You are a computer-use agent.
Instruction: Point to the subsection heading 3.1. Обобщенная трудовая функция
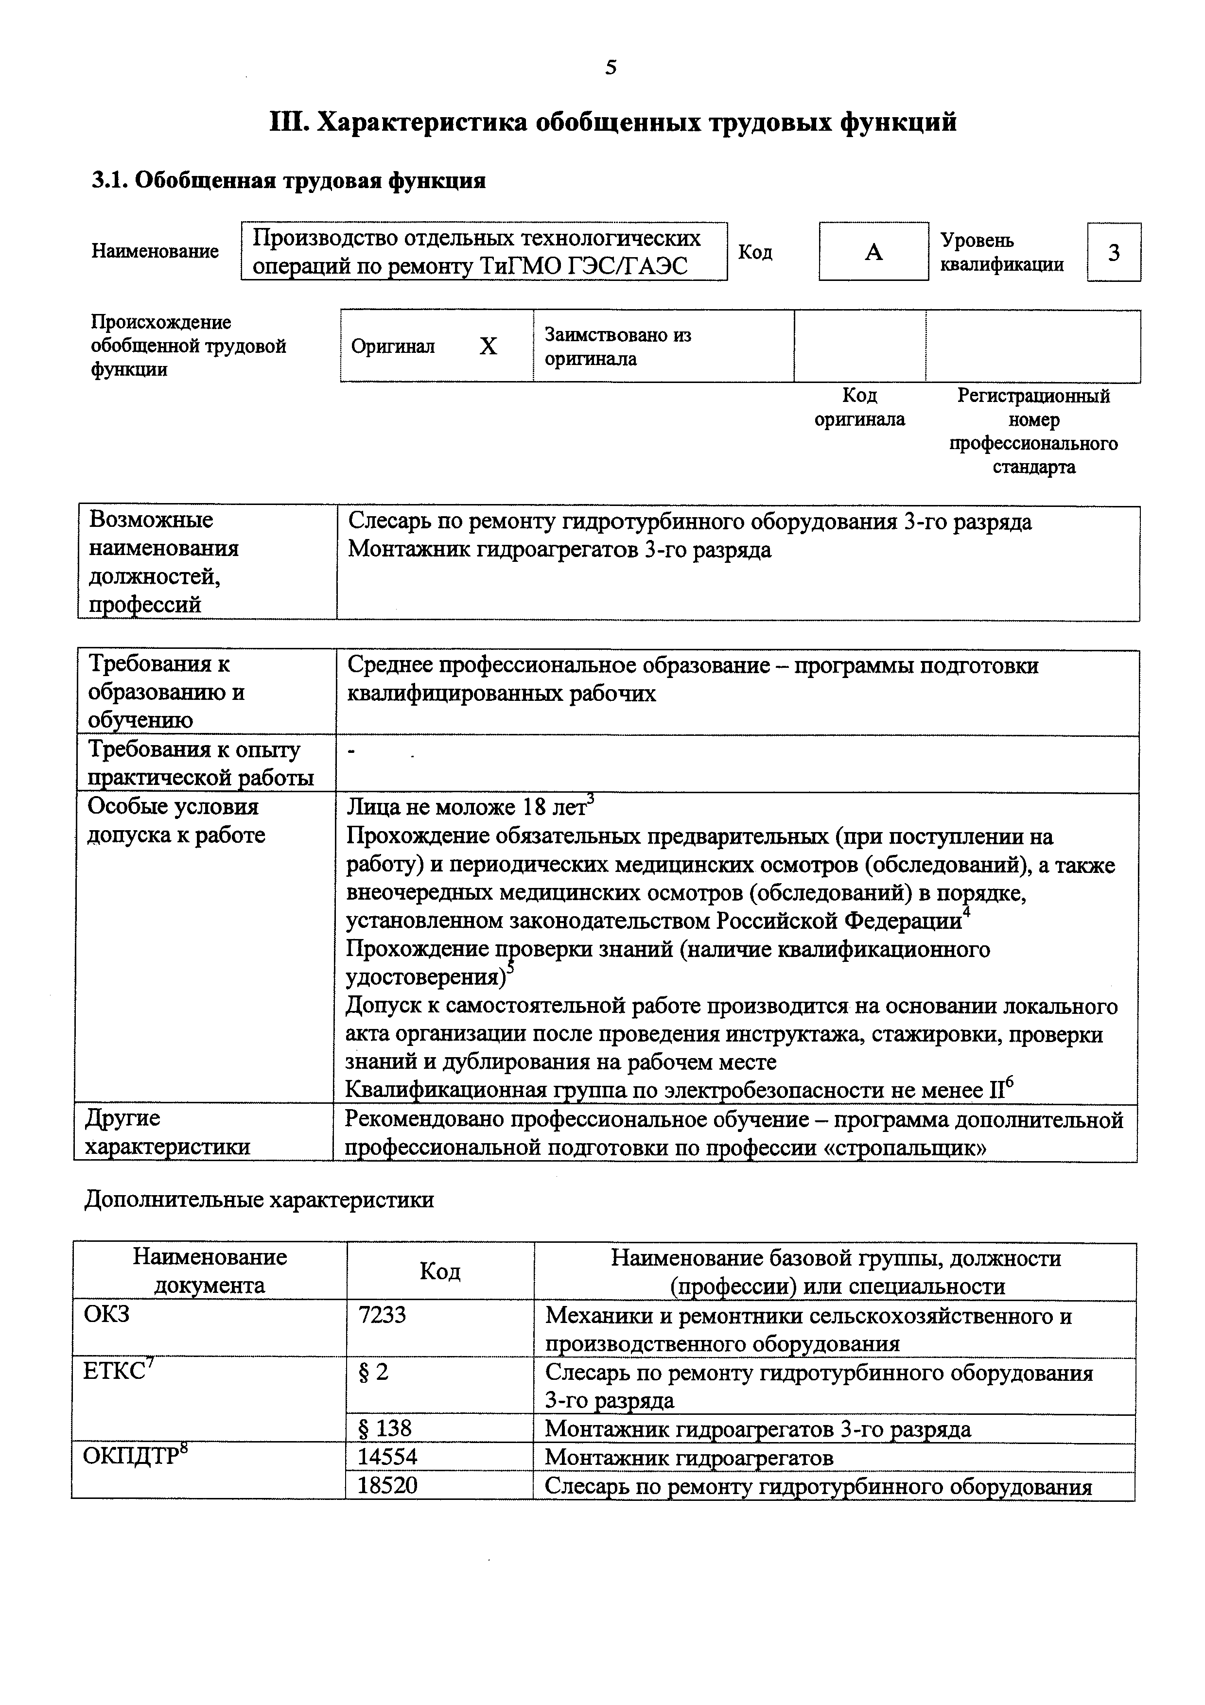[288, 180]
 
